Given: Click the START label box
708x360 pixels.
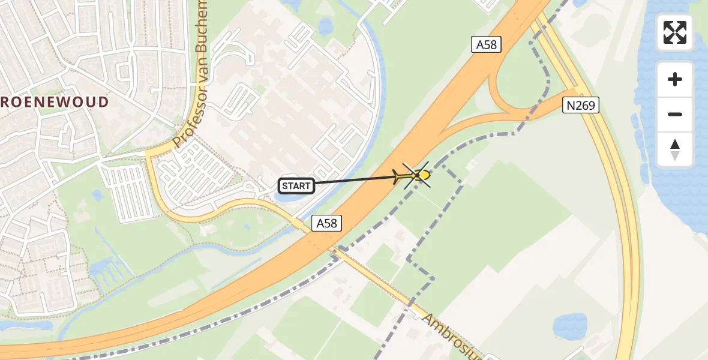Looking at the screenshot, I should tap(296, 186).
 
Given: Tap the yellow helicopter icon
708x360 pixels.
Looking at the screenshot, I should tap(422, 175).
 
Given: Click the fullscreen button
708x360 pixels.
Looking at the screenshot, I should tap(675, 32).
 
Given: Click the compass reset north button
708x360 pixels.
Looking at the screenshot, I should tap(675, 149).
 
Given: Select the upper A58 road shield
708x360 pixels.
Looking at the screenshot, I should tap(485, 44).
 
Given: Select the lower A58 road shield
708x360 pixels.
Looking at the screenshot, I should tap(326, 223).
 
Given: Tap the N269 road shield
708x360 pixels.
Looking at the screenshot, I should tap(581, 106).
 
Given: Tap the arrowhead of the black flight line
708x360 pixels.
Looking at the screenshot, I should tap(399, 176).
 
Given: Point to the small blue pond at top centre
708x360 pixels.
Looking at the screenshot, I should tap(325, 26).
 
